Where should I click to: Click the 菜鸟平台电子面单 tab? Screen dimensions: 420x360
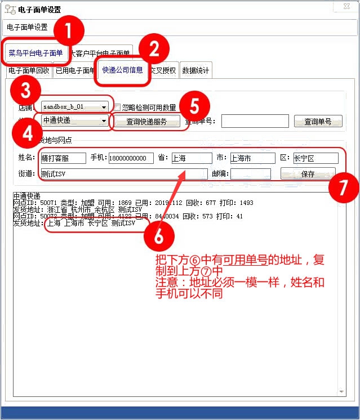tap(35, 53)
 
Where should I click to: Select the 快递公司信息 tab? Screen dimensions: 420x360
tap(122, 70)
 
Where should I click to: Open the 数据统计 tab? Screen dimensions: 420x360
tap(195, 71)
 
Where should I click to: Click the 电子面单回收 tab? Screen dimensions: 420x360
tap(29, 71)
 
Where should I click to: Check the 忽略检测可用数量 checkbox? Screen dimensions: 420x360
tap(117, 107)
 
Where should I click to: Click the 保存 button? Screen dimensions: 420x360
tap(308, 174)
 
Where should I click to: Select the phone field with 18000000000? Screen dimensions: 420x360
tap(131, 158)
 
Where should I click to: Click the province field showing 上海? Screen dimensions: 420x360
tap(190, 158)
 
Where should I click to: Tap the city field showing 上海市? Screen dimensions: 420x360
tap(252, 158)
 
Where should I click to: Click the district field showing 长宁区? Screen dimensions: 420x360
tap(315, 158)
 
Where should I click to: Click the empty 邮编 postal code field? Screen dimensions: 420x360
tap(250, 174)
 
